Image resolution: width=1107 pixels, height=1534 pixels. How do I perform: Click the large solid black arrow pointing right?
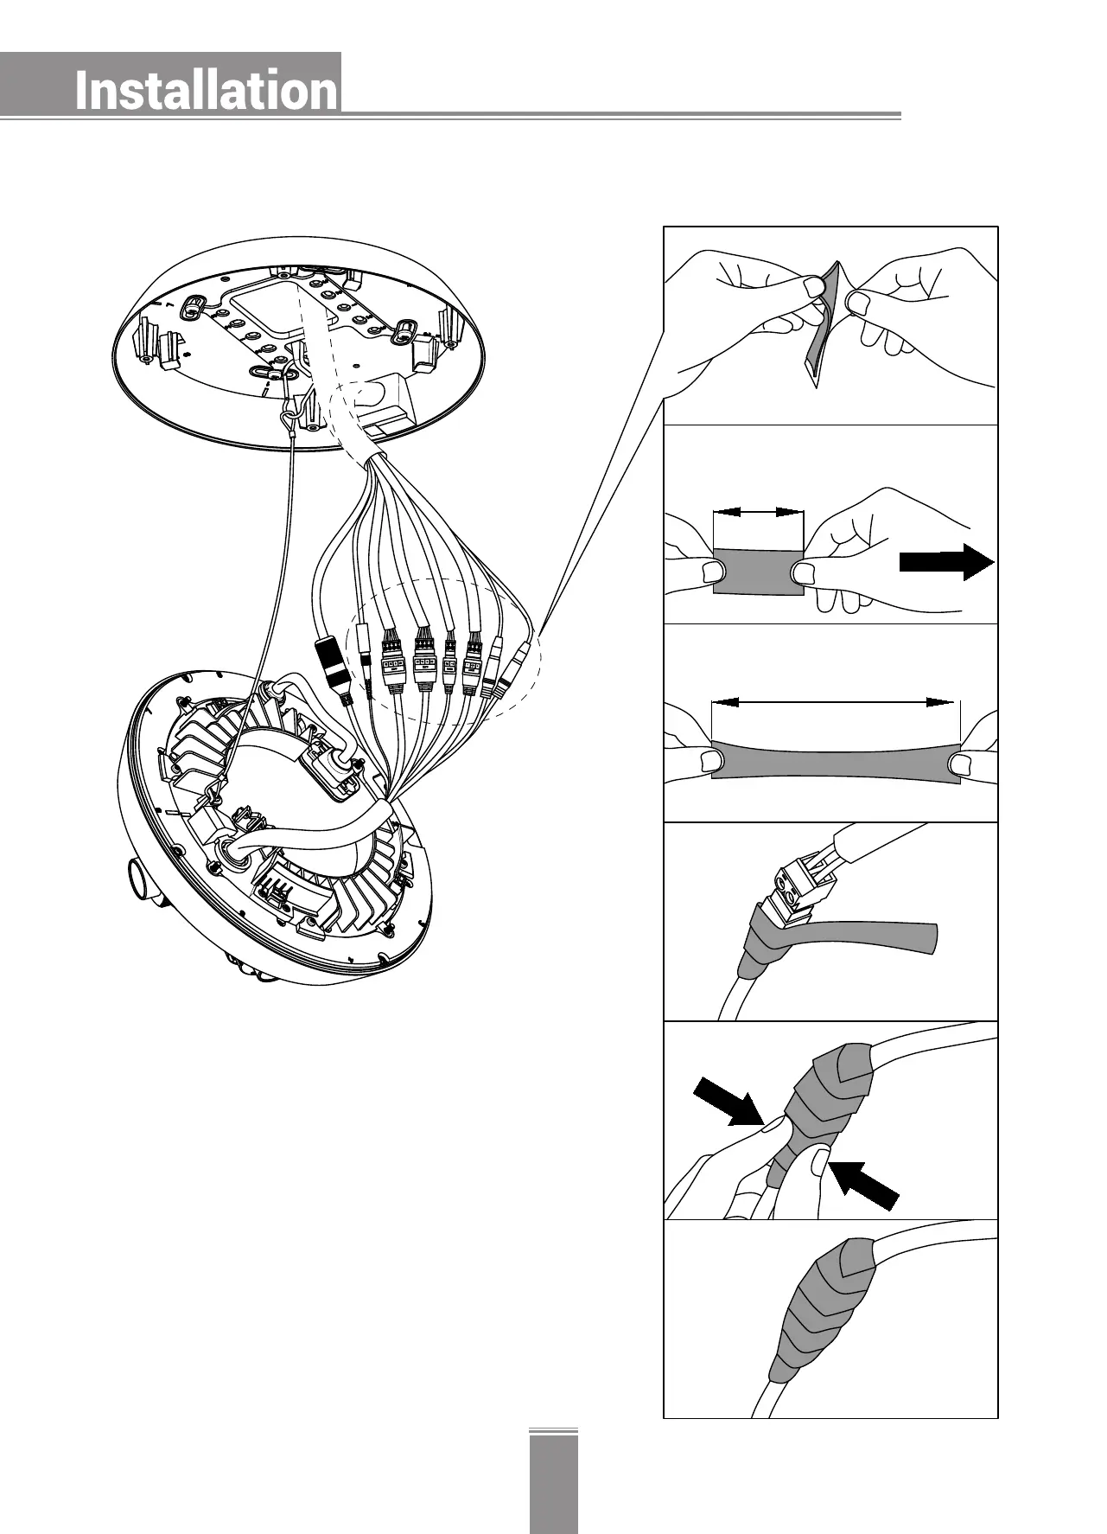click(946, 562)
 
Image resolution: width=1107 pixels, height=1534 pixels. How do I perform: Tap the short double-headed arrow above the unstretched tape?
click(759, 512)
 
